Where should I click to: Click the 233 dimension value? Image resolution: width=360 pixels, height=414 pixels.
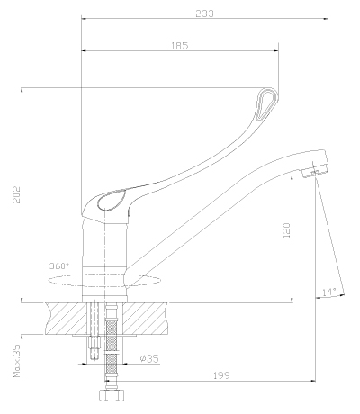205,13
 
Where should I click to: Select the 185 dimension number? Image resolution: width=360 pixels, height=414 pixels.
180,46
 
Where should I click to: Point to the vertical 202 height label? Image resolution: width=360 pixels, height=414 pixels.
16,195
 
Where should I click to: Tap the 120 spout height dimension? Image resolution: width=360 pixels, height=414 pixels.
287,230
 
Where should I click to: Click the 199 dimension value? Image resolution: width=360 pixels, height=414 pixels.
221,375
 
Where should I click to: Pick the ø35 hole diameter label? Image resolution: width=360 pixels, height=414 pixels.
149,358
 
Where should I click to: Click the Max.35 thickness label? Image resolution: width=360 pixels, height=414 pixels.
17,361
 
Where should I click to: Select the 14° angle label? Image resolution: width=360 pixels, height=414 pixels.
329,292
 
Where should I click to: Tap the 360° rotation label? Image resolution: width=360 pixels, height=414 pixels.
59,265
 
